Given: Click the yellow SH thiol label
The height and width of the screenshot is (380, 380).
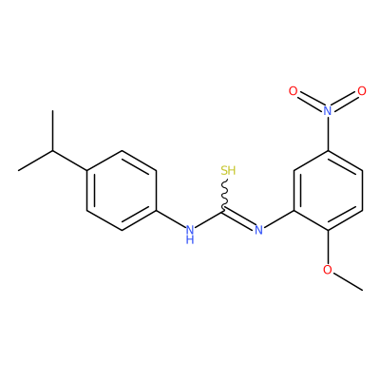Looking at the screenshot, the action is (x=228, y=170).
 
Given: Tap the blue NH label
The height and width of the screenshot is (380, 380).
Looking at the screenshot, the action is (x=190, y=235).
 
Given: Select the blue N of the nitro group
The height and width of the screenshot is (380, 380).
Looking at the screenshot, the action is (x=328, y=110).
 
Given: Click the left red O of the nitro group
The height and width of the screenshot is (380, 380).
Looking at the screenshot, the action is (x=294, y=91).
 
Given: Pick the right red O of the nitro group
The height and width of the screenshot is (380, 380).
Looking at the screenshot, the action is (x=362, y=91).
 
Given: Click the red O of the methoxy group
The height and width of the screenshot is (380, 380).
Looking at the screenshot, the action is (x=328, y=270).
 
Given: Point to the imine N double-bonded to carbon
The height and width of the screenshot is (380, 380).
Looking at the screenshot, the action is (x=259, y=230).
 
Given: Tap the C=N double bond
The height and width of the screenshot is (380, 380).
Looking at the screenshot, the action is (x=239, y=218).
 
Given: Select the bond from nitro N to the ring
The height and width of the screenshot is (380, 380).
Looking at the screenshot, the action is (x=328, y=133).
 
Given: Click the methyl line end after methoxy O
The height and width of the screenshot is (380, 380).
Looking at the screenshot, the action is (x=363, y=290).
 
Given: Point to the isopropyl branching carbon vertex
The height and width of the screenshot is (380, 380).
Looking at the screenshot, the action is (x=53, y=151).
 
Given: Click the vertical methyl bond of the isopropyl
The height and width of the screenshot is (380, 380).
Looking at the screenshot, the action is (x=53, y=130).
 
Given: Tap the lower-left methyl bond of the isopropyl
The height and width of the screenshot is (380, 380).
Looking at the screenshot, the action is (x=36, y=161).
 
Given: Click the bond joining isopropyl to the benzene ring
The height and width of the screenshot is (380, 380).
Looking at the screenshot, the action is (x=70, y=161).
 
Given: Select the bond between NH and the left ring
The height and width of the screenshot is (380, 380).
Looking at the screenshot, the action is (x=170, y=219).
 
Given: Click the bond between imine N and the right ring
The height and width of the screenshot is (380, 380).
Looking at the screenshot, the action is (x=279, y=219).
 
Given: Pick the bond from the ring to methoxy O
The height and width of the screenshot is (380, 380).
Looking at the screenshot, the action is (x=328, y=247).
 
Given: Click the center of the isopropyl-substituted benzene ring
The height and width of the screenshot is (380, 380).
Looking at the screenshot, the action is (x=122, y=190).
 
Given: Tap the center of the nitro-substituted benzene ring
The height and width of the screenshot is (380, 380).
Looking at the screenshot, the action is (x=328, y=190).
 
